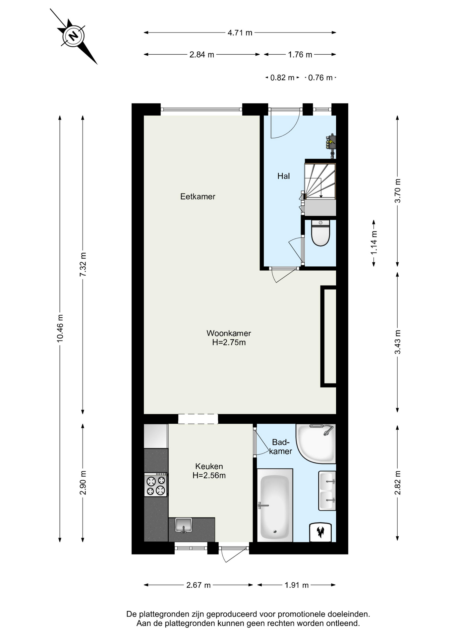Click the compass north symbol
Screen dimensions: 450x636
pos(73,36)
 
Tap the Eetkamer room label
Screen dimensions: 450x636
pos(198,196)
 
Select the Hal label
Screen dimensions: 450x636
pos(283,176)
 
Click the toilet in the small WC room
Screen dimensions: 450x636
pos(320,233)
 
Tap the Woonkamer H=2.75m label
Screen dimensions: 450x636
pos(229,338)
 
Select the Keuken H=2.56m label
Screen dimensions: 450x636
pos(209,471)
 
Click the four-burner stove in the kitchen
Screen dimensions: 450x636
pos(156,485)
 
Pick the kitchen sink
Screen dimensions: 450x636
pos(184,525)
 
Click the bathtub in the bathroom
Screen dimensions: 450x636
pos(275,505)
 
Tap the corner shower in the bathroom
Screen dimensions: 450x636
pos(316,444)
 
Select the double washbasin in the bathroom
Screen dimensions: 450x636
pos(327,491)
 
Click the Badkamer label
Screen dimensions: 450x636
pos(281,447)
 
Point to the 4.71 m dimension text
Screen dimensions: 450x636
pos(240,33)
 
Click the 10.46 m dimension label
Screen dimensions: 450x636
pos(60,328)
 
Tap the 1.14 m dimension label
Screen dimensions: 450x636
pos(374,243)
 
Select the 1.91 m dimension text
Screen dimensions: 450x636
pos(297,585)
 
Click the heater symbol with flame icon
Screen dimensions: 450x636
pos(320,532)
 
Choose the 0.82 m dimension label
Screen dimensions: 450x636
pos(282,78)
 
